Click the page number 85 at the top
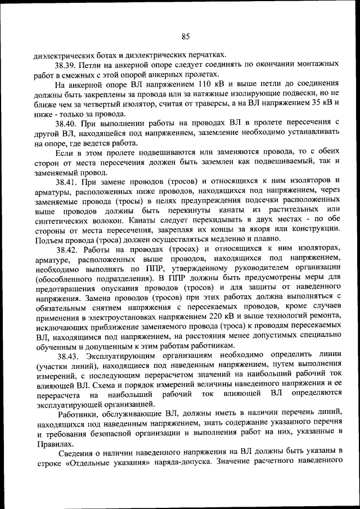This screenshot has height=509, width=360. coord(186,37)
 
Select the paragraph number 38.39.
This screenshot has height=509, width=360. coord(65,65)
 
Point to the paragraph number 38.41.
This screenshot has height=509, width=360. coord(66,181)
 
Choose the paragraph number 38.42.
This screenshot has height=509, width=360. coord(67,249)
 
